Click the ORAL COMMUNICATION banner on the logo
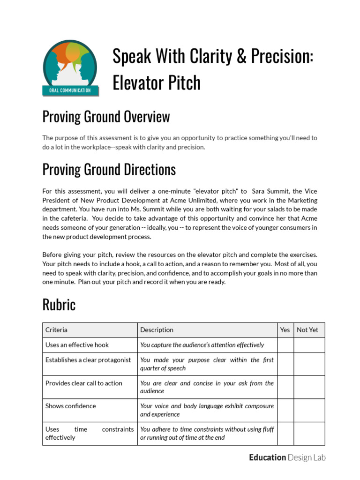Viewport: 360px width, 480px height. click(70, 90)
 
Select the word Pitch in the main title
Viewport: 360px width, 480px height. click(180, 83)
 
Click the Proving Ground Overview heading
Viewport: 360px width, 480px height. click(106, 117)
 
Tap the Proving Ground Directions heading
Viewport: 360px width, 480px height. click(109, 169)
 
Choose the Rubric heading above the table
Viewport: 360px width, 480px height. click(59, 305)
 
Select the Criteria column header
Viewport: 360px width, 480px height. click(56, 330)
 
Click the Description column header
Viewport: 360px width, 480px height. click(157, 330)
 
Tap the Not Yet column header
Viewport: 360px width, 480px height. click(307, 330)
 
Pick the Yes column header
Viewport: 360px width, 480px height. click(285, 330)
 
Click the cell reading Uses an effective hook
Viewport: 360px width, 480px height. click(77, 345)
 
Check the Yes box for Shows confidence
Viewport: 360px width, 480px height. click(285, 410)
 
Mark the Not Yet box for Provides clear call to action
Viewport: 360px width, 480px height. click(309, 387)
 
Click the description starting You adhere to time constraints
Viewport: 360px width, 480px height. click(207, 434)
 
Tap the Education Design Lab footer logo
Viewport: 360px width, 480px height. click(287, 457)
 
